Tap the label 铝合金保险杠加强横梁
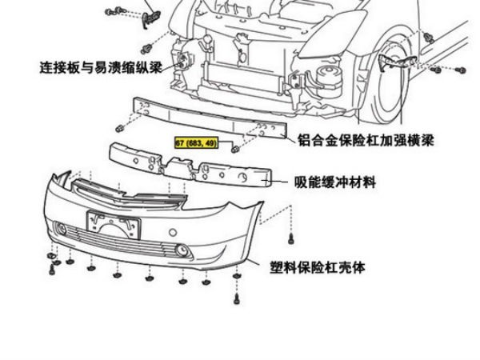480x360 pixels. coord(365,139)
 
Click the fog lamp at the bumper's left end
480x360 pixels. coord(62,232)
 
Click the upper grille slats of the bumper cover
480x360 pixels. coord(128,193)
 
